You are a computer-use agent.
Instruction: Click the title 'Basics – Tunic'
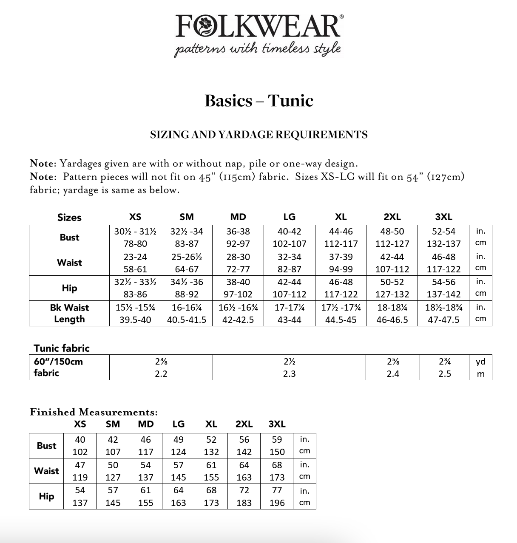click(258, 101)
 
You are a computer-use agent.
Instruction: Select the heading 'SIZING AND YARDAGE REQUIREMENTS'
click(258, 135)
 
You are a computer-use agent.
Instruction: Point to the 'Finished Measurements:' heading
click(94, 412)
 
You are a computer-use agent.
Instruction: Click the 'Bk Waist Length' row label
click(69, 313)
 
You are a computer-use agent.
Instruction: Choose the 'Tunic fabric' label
click(62, 348)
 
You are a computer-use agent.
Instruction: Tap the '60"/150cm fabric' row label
click(58, 367)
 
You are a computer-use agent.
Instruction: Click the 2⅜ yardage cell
click(161, 362)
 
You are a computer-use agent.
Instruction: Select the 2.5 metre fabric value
click(444, 374)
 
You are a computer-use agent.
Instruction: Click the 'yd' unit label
click(480, 362)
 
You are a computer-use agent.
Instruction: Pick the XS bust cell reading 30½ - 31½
click(135, 232)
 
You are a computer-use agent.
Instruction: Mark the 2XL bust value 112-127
click(392, 244)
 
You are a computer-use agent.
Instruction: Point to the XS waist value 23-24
click(135, 257)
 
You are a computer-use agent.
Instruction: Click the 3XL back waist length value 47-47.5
click(443, 320)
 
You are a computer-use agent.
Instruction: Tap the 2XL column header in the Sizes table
click(392, 217)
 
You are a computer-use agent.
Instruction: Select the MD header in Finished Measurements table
click(146, 424)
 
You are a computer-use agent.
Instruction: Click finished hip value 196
click(277, 503)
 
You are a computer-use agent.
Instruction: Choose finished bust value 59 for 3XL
click(277, 440)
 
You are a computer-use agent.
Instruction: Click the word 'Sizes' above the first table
click(69, 218)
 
